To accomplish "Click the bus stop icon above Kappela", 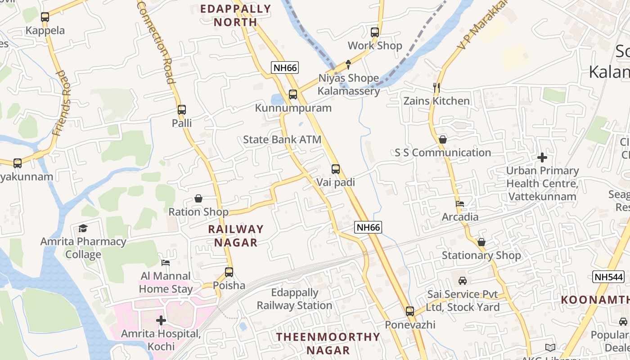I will (45, 17).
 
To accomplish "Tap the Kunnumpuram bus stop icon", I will (293, 94).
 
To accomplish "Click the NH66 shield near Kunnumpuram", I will (285, 68).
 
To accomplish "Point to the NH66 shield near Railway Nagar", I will (368, 227).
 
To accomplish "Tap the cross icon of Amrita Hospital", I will (161, 320).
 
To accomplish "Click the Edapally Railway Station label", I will (294, 299).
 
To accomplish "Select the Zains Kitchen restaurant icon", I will (436, 87).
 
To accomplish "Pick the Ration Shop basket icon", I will (198, 198).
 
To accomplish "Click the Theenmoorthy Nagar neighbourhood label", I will (328, 343).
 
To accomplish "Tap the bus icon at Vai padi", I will (336, 169).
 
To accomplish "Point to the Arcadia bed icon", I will (460, 204).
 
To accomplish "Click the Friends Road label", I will (62, 103).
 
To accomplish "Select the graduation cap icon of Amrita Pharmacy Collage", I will (83, 228).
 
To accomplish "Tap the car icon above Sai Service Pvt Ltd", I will (463, 281).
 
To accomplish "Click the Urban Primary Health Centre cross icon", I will (542, 157).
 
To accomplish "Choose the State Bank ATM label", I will (282, 139).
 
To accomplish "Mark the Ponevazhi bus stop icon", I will (410, 311).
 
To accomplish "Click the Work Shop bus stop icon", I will (375, 32).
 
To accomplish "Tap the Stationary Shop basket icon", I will (481, 242).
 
